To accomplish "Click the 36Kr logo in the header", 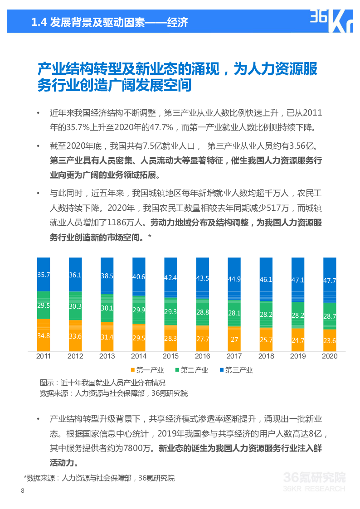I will pos(331,20).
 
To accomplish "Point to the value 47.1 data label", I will pos(298,280).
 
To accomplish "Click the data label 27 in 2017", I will pos(234,339).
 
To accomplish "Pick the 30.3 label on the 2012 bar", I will pos(75,306).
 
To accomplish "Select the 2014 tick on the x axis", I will pos(139,356).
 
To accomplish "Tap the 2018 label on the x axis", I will pos(266,356).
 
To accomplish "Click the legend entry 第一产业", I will pos(147,370).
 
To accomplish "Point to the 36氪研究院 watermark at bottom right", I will pos(314,478).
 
